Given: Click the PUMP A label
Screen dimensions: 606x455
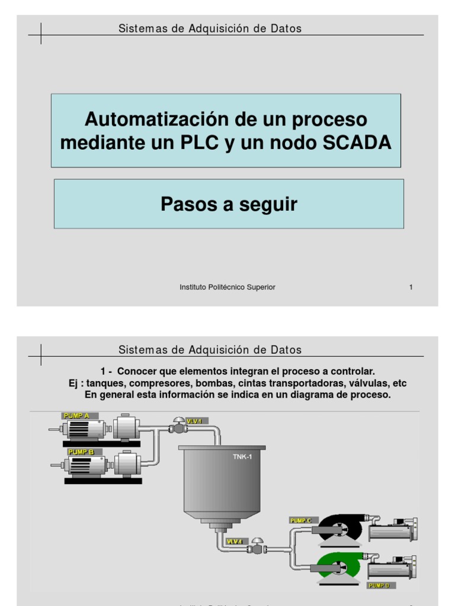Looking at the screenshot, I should [x=76, y=416].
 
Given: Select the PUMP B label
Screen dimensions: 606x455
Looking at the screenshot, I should [x=81, y=452].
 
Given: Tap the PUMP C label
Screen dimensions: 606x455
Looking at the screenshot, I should [x=301, y=520].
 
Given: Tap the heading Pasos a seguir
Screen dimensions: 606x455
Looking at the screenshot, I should [x=229, y=204].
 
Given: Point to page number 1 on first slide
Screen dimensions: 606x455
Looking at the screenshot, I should [x=411, y=288].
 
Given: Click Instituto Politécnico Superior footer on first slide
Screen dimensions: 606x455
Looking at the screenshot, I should [x=227, y=288].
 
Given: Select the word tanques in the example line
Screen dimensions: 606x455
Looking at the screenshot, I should [x=101, y=383].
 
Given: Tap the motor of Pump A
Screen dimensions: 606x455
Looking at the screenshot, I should [x=85, y=429].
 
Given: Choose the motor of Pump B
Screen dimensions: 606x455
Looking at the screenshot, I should [x=88, y=465].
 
